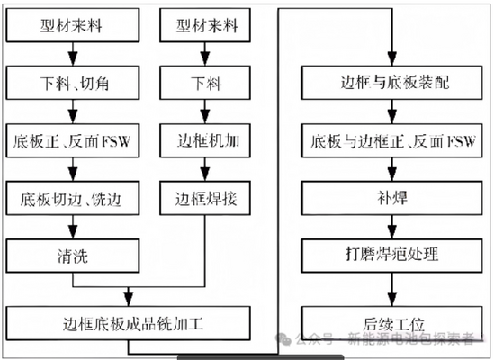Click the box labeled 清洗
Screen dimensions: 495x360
pyautogui.click(x=73, y=256)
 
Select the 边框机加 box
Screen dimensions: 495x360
pyautogui.click(x=205, y=140)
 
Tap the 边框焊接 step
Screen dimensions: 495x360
pyautogui.click(x=205, y=198)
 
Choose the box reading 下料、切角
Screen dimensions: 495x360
pyautogui.click(x=73, y=83)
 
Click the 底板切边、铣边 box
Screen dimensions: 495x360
pyautogui.click(x=73, y=198)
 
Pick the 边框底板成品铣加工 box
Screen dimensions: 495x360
pyautogui.click(x=128, y=323)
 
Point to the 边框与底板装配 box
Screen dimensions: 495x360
pyautogui.click(x=391, y=83)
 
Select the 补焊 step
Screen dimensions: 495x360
pyautogui.click(x=391, y=198)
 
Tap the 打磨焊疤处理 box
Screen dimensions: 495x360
pyautogui.click(x=391, y=256)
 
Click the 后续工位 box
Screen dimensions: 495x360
pyautogui.click(x=391, y=323)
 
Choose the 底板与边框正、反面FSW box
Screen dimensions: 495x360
pyautogui.click(x=391, y=140)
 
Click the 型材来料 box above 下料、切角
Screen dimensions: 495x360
pyautogui.click(x=73, y=25)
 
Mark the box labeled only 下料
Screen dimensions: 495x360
pyautogui.click(x=205, y=83)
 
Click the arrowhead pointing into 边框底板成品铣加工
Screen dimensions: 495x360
pyautogui.click(x=128, y=299)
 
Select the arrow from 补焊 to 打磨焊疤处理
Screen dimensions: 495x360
pyautogui.click(x=392, y=227)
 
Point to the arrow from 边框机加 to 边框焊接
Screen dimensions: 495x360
pyautogui.click(x=205, y=169)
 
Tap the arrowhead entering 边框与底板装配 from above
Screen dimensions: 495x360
pyautogui.click(x=392, y=58)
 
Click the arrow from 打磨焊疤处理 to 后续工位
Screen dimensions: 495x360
pyautogui.click(x=392, y=289)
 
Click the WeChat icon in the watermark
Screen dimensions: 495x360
pyautogui.click(x=283, y=338)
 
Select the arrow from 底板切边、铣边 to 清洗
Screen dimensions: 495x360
pyautogui.click(x=73, y=227)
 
